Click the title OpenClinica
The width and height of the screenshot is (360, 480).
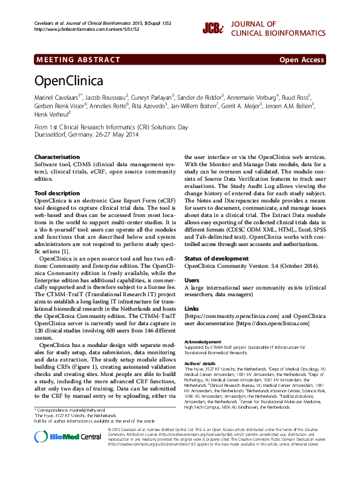(x=68, y=80)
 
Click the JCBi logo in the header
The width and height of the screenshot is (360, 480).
(x=212, y=27)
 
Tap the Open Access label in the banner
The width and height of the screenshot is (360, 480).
(x=301, y=60)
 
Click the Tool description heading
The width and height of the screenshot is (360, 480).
(x=57, y=193)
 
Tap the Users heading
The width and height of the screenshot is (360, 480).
(x=192, y=281)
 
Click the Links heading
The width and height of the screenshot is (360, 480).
(x=192, y=308)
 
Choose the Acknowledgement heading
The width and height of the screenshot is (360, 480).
(x=203, y=342)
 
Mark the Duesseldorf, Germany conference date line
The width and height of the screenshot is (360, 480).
(x=78, y=135)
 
